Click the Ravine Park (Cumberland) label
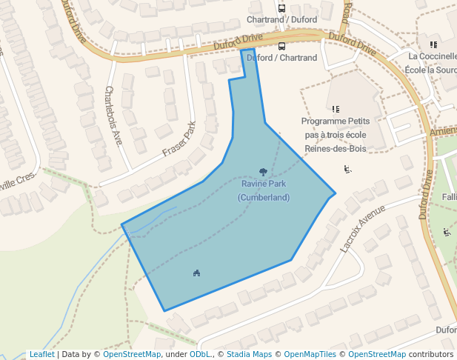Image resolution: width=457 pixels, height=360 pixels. click(x=263, y=190)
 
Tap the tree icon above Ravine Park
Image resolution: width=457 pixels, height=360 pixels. click(x=263, y=172)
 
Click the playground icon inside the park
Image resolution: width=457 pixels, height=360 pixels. click(x=196, y=273)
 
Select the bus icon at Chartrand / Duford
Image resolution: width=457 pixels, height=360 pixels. click(x=281, y=8)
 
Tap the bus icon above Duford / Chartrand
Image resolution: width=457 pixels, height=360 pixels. click(x=281, y=46)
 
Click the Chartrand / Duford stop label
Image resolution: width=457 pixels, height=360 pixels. click(x=281, y=19)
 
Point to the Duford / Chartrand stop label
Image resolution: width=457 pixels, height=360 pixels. click(x=281, y=58)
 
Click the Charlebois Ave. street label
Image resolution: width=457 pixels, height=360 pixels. click(x=113, y=116)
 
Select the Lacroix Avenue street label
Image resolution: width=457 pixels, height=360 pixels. click(x=363, y=230)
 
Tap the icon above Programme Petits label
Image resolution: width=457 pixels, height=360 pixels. click(x=336, y=109)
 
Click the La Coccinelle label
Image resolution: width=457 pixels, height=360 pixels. click(x=433, y=56)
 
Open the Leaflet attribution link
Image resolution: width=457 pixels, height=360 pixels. click(x=41, y=355)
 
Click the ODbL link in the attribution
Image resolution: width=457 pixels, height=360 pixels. click(x=200, y=355)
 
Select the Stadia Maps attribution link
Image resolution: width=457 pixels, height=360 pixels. click(x=249, y=355)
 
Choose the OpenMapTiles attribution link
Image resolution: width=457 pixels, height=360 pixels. click(x=310, y=355)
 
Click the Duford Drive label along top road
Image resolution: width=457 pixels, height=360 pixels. click(x=238, y=43)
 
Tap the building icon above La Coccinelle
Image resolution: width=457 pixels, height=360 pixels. click(x=433, y=44)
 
